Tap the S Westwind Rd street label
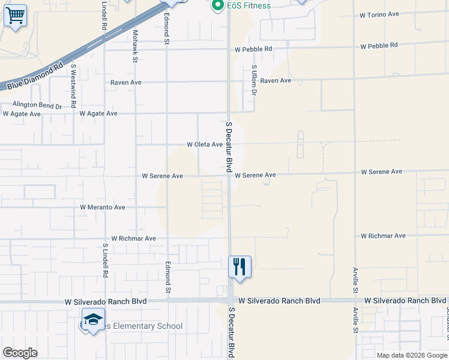point(73,86)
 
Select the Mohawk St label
point(136,46)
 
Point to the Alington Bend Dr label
point(37,105)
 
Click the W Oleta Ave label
point(205,145)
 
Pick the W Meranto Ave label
point(103,208)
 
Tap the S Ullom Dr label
point(254,80)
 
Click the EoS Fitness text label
point(249,6)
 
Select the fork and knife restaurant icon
point(240,265)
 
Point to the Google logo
point(20,353)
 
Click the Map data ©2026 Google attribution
point(412,355)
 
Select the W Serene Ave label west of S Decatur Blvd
point(162,176)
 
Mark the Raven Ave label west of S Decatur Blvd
point(126,82)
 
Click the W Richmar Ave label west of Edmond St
point(133,239)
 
